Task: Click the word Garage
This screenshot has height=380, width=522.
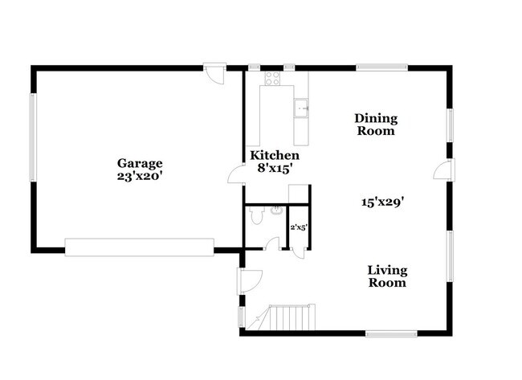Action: click(x=138, y=162)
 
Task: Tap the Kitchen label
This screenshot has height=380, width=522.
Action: click(x=275, y=155)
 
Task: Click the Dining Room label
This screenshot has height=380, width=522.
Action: click(x=376, y=125)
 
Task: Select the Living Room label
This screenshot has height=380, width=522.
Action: click(x=387, y=276)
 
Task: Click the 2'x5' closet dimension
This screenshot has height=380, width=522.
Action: click(x=299, y=227)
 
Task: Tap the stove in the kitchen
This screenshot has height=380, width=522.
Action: click(x=271, y=79)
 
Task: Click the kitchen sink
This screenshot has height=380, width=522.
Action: click(x=302, y=105)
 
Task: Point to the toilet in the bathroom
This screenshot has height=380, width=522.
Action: click(x=256, y=215)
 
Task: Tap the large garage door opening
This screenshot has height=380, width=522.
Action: click(x=140, y=247)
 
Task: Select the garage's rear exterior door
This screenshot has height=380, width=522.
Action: click(x=214, y=74)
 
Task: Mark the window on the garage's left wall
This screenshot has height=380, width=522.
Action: click(x=33, y=137)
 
